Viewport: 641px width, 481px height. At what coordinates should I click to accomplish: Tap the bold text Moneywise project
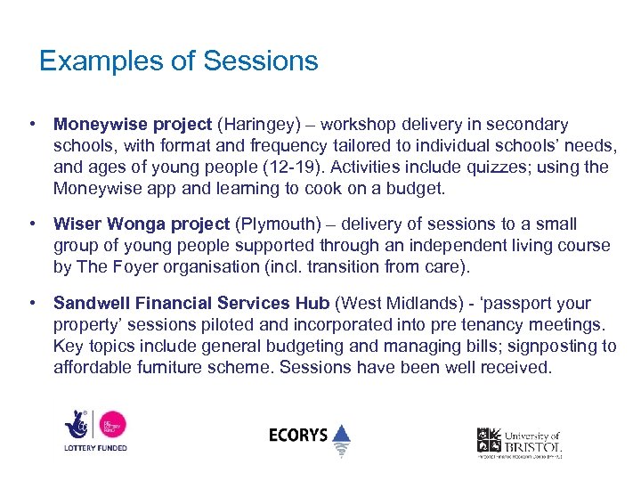(x=133, y=125)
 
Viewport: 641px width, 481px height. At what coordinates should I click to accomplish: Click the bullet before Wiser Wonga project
(x=32, y=224)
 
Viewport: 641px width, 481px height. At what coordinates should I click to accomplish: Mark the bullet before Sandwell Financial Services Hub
(x=32, y=304)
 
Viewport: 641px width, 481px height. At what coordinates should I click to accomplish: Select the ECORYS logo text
(x=298, y=436)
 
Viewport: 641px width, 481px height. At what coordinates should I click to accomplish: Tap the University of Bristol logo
(x=519, y=442)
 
